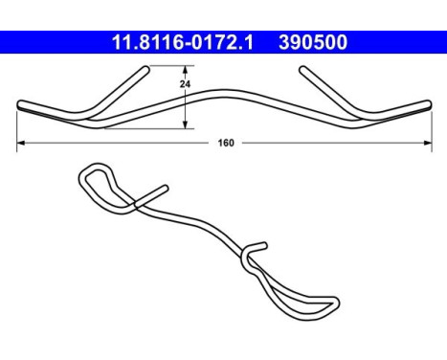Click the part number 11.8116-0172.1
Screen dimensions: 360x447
(x=177, y=42)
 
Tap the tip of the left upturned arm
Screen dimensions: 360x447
(x=148, y=69)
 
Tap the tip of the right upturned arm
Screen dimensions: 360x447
(x=302, y=69)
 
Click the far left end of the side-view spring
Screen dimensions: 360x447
(x=20, y=105)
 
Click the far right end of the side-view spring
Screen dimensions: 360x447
(x=429, y=105)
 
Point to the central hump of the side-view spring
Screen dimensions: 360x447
(x=226, y=93)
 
